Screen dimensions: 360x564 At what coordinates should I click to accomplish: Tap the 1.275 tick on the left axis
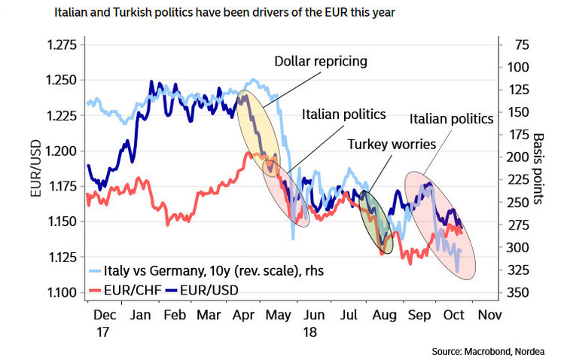coord(56,45)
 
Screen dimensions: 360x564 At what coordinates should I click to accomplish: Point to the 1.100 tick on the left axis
coord(56,293)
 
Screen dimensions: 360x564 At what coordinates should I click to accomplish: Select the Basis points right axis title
coord(539,169)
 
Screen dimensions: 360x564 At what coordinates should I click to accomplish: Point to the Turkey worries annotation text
coord(386,143)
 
